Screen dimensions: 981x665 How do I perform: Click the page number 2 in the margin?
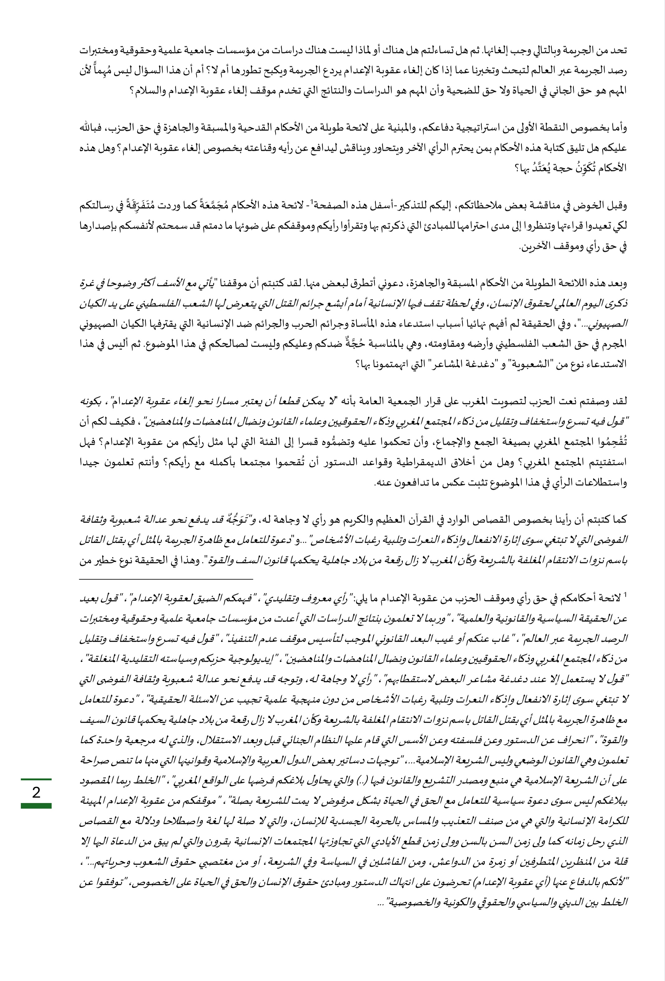36,792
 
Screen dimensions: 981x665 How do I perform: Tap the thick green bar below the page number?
36,806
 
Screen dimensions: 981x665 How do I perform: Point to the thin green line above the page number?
36,779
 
